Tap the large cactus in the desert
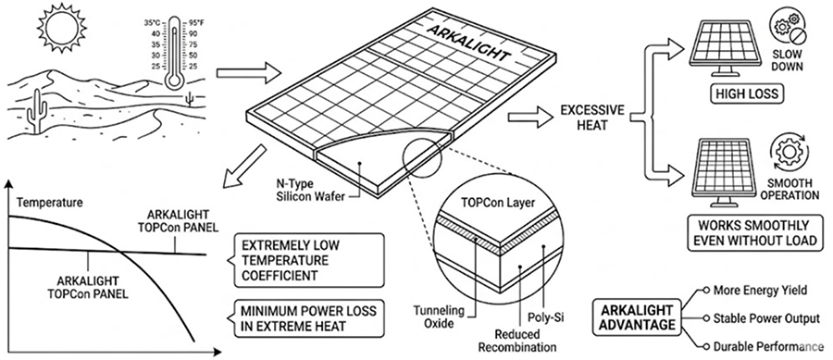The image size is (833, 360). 38,110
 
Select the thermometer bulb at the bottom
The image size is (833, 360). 174,79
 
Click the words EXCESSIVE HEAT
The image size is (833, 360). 593,118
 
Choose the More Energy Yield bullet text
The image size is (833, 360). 760,290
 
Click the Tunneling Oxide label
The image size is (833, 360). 439,316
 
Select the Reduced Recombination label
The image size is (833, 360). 516,341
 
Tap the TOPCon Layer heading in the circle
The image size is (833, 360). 498,203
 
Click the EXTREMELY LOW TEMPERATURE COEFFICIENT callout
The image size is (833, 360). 308,261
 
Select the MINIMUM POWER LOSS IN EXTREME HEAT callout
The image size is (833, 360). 308,318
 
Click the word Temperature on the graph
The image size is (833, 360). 49,203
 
